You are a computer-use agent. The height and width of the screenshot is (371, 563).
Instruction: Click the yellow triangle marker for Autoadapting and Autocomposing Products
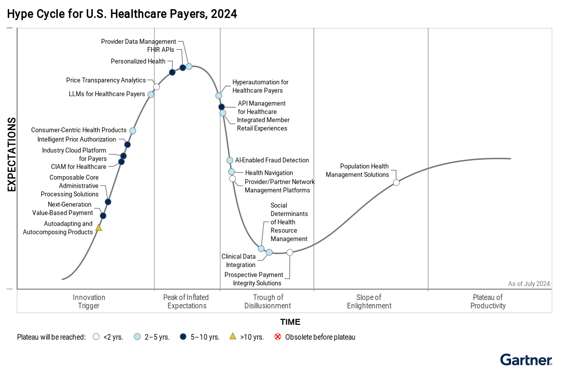click(99, 228)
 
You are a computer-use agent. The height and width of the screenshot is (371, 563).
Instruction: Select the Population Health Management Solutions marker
click(396, 182)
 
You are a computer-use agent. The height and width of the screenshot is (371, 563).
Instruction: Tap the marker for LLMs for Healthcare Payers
click(151, 94)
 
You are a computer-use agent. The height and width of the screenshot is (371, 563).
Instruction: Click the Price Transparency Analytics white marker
click(156, 87)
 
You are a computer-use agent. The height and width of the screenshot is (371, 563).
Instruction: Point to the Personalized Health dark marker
click(172, 72)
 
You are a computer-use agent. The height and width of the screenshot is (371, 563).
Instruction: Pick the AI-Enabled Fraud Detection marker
click(230, 160)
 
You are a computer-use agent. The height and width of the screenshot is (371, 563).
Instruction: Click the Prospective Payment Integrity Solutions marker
click(290, 252)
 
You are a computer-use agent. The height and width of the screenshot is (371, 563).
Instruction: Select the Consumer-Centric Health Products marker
click(133, 130)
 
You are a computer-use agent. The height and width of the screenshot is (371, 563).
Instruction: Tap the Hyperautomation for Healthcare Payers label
click(260, 87)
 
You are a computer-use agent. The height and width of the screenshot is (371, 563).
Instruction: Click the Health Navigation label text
click(269, 173)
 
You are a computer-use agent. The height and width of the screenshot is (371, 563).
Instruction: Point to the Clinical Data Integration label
click(238, 261)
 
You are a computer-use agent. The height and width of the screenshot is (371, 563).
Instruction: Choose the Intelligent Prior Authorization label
click(77, 140)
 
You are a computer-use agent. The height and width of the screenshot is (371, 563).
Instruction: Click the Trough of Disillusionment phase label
click(268, 301)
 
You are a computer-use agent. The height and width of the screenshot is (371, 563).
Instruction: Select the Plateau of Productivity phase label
click(488, 301)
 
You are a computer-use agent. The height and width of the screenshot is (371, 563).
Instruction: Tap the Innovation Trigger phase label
click(89, 301)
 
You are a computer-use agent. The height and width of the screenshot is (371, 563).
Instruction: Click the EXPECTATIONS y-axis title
click(12, 154)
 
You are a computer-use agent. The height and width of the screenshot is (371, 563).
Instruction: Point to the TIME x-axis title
click(290, 322)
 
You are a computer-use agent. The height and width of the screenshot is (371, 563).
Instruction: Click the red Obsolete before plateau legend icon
click(278, 337)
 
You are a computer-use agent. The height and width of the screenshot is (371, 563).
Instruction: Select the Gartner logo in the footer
click(526, 360)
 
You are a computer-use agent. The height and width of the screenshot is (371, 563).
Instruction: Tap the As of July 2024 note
click(528, 284)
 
